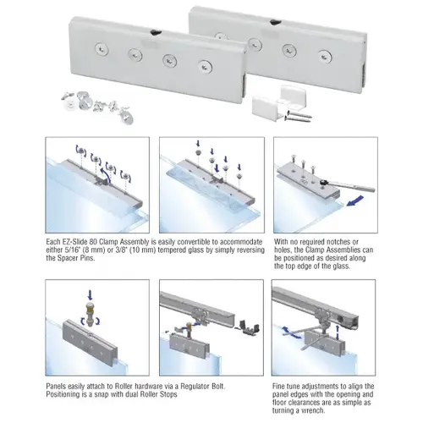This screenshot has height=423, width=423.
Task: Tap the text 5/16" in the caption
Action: [74, 250]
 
